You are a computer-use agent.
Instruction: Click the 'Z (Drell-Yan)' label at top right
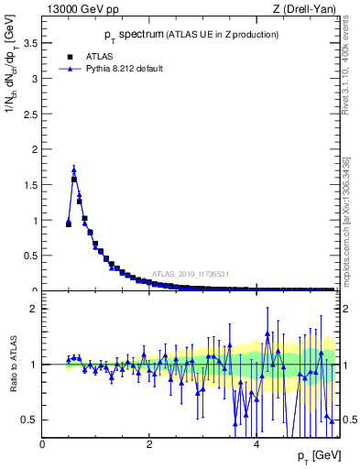(x=305, y=9)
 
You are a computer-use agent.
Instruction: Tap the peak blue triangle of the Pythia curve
(x=74, y=169)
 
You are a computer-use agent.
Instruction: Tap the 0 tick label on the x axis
(x=42, y=444)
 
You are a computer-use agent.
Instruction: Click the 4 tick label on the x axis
(x=256, y=444)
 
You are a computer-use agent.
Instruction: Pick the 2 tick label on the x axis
(x=149, y=444)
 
